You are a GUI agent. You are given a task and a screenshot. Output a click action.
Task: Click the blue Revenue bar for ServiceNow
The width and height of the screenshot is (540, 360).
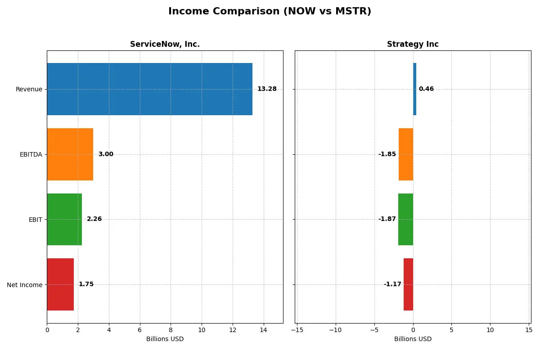point(149,89)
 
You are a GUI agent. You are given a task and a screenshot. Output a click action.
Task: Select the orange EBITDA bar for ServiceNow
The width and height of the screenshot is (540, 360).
point(70,154)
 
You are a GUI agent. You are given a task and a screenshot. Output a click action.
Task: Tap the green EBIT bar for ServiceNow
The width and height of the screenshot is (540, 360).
point(64,219)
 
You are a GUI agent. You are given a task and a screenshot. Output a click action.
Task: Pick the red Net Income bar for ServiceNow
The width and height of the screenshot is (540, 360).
point(60,284)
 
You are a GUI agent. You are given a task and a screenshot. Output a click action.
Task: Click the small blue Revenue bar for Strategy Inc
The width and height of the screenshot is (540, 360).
point(414,89)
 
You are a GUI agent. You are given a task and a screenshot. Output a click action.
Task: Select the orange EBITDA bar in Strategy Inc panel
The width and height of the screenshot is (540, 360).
point(406,154)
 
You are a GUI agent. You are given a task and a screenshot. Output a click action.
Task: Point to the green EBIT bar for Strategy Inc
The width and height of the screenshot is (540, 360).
point(405,219)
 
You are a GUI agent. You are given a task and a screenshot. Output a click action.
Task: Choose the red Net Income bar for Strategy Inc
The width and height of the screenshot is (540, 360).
point(408,284)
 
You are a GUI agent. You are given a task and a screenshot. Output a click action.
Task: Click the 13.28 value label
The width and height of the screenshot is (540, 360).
point(267,89)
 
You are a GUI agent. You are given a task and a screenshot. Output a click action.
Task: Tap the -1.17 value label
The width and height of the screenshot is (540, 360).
point(392,284)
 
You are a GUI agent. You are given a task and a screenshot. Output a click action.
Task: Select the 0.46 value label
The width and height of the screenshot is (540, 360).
point(426,89)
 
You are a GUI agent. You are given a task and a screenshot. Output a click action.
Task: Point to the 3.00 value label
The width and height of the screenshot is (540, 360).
point(106,154)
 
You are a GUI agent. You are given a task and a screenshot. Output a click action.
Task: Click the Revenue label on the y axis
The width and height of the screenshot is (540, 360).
point(29,89)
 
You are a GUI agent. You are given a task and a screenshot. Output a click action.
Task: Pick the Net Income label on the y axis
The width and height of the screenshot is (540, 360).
point(25,285)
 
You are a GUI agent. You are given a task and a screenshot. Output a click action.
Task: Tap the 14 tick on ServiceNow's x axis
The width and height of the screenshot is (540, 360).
point(263,330)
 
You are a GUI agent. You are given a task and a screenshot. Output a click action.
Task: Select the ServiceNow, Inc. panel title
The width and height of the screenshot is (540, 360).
point(165,44)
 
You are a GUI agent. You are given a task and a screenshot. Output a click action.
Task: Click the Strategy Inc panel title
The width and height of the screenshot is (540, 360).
point(413,44)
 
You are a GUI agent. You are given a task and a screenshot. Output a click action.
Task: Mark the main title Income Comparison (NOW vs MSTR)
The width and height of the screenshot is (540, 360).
point(270,11)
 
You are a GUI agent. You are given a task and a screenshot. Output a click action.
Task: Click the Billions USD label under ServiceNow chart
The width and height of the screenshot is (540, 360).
point(165,339)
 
